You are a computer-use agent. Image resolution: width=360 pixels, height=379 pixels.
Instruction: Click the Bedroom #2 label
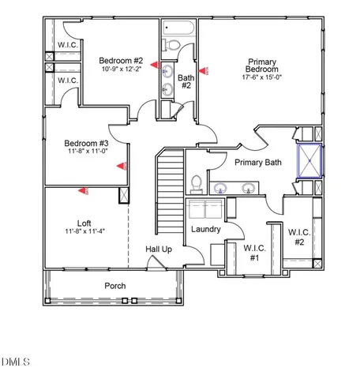tap(120, 61)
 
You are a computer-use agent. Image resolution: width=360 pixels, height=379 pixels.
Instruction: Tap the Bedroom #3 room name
tap(85, 143)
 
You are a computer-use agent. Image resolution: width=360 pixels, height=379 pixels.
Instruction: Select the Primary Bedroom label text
tap(261, 66)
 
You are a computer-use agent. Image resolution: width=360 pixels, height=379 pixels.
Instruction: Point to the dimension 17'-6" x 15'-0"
tap(261, 77)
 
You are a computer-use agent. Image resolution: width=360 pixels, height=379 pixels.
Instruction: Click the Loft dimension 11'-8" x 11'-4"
tap(85, 231)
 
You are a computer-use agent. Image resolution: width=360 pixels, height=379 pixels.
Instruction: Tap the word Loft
tap(85, 223)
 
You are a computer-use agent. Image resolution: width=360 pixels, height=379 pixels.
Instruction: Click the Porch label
tap(115, 285)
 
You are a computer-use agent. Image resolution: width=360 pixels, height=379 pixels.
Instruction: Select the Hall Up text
tap(158, 250)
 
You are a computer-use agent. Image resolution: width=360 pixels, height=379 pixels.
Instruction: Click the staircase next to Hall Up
tap(169, 189)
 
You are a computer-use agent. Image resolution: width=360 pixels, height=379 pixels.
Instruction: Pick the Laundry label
tap(205, 230)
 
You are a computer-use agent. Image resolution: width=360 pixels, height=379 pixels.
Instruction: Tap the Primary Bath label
tap(257, 163)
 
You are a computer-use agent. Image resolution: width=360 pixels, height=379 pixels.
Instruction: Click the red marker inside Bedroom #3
tap(122, 166)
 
